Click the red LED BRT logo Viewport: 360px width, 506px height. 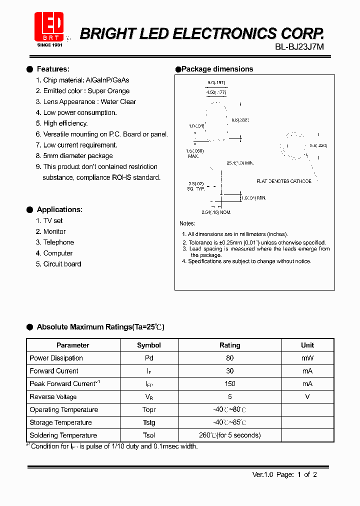[49, 28]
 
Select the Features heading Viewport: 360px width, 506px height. [53, 69]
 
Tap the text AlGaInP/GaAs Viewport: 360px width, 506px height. [107, 80]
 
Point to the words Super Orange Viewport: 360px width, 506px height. [108, 91]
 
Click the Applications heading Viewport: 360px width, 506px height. [59, 209]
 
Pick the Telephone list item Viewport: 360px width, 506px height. [58, 242]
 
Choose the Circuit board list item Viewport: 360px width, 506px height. [62, 264]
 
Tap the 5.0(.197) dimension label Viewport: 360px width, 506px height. [216, 82]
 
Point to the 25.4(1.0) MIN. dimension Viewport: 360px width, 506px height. [240, 163]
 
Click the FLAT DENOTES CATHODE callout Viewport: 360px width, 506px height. [283, 181]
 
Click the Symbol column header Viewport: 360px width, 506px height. [149, 345]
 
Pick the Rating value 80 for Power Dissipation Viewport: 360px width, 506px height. [229, 358]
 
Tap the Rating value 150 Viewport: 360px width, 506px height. [229, 384]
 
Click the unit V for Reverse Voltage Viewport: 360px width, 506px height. [307, 396]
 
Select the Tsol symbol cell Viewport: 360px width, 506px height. [149, 435]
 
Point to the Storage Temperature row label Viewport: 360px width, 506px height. [60, 422]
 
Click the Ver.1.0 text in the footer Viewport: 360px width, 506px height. [261, 475]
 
